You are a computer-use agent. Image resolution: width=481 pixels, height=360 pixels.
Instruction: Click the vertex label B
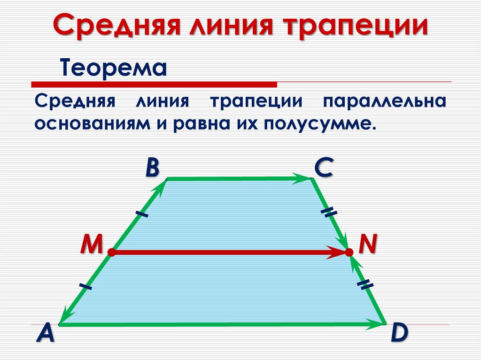pyautogui.click(x=151, y=168)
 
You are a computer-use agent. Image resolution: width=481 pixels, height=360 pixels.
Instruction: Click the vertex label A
pyautogui.click(x=46, y=334)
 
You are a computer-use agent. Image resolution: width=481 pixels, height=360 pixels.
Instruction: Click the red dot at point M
pyautogui.click(x=111, y=253)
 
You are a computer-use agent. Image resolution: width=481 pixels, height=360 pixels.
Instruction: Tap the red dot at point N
pyautogui.click(x=349, y=253)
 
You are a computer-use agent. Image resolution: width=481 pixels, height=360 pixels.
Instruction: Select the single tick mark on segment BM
pyautogui.click(x=141, y=214)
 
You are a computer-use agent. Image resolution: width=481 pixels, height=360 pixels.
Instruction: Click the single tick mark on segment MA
pyautogui.click(x=85, y=286)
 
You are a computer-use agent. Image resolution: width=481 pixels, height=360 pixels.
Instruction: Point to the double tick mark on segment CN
pyautogui.click(x=329, y=213)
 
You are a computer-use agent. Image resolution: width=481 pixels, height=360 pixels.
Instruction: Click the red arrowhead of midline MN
pyautogui.click(x=337, y=253)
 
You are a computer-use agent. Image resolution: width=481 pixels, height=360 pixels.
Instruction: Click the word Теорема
pyautogui.click(x=113, y=69)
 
